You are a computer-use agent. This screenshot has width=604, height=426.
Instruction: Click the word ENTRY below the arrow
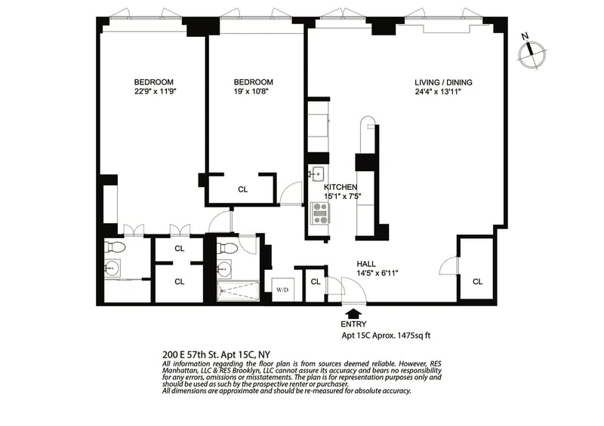tap(353, 323)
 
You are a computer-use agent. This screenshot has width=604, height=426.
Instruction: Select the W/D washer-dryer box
tap(282, 290)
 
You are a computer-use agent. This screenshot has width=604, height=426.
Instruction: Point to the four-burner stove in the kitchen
tap(320, 214)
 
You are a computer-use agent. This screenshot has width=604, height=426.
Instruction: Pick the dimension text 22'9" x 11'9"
tap(154, 92)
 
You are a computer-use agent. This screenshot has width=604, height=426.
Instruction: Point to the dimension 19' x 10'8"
tap(253, 92)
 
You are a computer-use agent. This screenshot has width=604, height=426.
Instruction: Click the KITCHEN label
tap(341, 187)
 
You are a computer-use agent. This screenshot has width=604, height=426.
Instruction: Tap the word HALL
tap(368, 263)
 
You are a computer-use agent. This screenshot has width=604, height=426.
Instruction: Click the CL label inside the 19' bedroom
tap(242, 190)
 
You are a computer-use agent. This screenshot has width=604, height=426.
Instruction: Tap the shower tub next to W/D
tap(238, 290)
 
